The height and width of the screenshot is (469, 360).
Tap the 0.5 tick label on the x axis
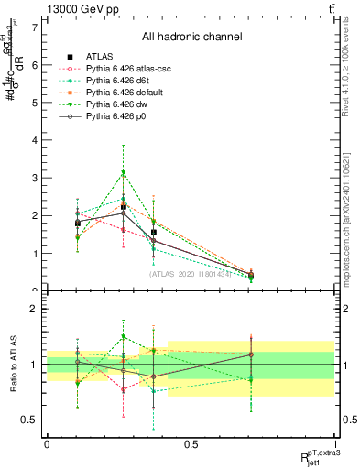pos(191,442)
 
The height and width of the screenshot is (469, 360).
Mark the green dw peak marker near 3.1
pos(123,172)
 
